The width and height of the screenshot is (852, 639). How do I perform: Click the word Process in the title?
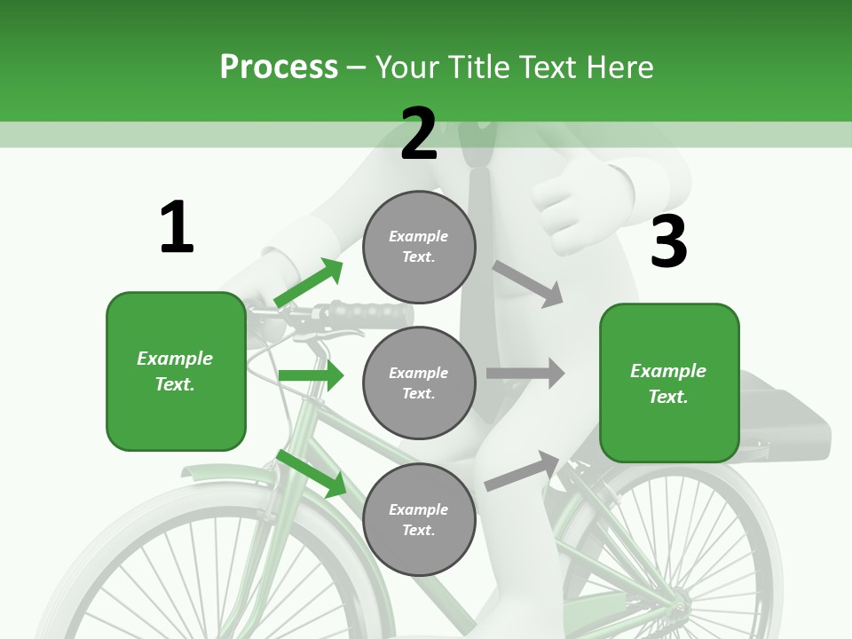pos(279,67)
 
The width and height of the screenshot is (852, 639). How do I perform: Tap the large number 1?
pos(177,227)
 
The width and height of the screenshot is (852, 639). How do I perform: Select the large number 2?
pos(419,134)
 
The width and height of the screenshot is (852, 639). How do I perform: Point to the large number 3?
pos(668,242)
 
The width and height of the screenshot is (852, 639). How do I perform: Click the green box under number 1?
pos(176,371)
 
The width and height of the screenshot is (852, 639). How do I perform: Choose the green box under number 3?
pos(669,383)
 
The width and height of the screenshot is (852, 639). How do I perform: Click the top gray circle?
pos(419,247)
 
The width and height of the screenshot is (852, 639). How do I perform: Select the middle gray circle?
pos(419,383)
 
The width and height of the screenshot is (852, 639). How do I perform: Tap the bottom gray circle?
pos(419,519)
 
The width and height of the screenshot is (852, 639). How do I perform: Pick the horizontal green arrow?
pos(311,375)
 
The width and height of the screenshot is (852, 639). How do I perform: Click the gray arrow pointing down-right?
pos(528,283)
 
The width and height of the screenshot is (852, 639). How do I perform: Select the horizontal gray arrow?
pos(525,373)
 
